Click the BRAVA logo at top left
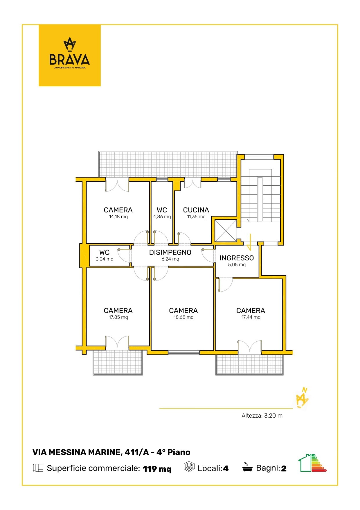point(70,55)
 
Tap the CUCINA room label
point(196,210)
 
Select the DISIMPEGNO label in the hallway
point(170,252)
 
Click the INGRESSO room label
point(237,258)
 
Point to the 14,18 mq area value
point(118,216)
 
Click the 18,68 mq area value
point(183,317)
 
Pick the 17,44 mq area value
point(251,317)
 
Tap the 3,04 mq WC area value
point(105,259)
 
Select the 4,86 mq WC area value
point(162,216)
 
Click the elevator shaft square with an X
point(226,230)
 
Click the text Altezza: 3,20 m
point(262,416)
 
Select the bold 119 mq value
point(157,469)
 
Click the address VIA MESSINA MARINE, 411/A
point(91,452)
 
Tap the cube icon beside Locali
point(189,467)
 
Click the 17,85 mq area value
point(118,317)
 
